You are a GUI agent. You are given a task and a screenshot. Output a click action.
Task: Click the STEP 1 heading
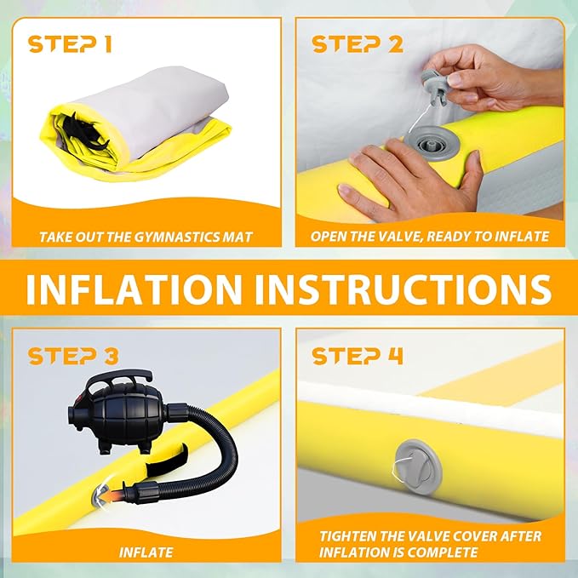click(x=70, y=44)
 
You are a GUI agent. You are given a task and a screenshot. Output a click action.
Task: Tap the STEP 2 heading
click(x=358, y=44)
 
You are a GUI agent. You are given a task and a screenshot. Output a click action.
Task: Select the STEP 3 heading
click(x=73, y=356)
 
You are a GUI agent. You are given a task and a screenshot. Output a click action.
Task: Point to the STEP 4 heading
click(x=358, y=356)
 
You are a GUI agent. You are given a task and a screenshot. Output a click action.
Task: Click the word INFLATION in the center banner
click(x=134, y=289)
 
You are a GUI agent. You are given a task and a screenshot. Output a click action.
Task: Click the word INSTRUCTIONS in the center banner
click(x=403, y=289)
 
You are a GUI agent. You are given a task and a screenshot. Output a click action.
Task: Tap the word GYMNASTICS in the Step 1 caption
click(x=176, y=237)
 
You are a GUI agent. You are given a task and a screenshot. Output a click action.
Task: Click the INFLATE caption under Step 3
click(x=146, y=552)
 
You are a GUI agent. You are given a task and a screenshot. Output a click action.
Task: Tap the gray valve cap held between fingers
click(x=435, y=87)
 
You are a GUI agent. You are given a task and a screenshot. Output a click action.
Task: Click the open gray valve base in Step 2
click(x=430, y=143)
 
